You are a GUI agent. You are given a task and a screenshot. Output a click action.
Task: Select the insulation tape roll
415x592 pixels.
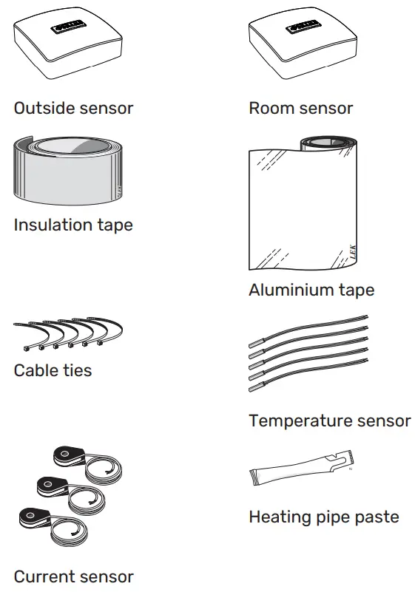(x=67, y=171)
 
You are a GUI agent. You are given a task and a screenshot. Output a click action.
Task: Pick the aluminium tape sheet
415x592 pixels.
(x=308, y=207)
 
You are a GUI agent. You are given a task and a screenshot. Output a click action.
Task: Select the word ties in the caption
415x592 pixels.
(x=78, y=370)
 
